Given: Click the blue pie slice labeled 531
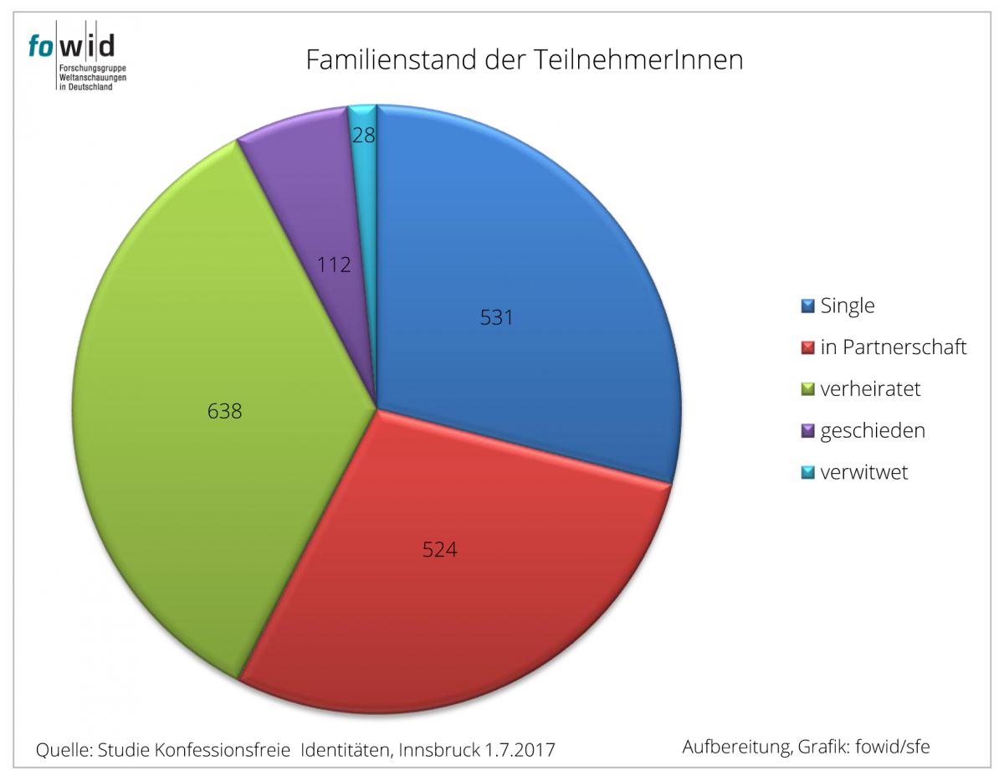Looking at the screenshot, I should click(x=519, y=276).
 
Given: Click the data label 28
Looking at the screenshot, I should click(x=363, y=136).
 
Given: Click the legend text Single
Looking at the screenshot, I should click(x=847, y=306).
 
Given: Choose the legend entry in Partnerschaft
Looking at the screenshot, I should click(x=893, y=347).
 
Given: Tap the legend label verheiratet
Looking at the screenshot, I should click(x=870, y=389).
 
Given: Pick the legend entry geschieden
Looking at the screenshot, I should click(x=873, y=431).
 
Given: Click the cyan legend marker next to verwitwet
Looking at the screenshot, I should click(x=808, y=473).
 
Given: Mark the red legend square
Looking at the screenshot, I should click(x=808, y=347).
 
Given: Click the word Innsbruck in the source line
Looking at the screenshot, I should click(x=437, y=749).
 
